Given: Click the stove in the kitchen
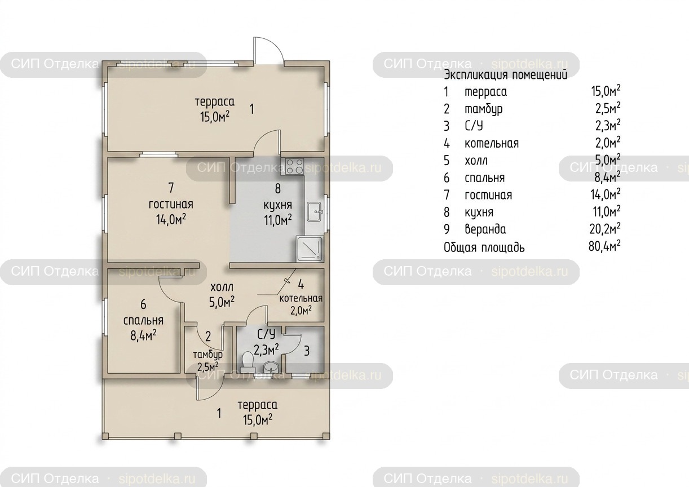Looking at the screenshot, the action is (x=295, y=167).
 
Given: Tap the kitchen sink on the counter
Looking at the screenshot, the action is (x=315, y=211).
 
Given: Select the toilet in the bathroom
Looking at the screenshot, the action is (x=248, y=362).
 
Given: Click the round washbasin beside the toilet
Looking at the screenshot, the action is (x=271, y=366).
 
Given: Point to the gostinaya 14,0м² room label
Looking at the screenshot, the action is (x=171, y=212).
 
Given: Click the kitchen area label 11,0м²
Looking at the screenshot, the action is (x=278, y=220).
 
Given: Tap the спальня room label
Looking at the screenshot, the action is (x=143, y=321).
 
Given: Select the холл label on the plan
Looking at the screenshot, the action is (x=222, y=287).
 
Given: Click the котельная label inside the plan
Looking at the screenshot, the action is (x=301, y=298).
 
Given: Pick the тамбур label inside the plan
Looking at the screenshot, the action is (x=207, y=355).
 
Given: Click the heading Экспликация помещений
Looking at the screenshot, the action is (x=506, y=75).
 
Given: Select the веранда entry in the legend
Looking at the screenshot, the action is (x=485, y=229).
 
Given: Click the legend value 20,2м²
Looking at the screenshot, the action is (x=605, y=228).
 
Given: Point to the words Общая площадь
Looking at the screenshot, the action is (x=484, y=247).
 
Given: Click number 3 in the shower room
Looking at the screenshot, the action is (x=307, y=351).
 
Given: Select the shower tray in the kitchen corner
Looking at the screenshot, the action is (x=310, y=249).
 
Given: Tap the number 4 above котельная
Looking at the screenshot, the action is (x=301, y=285).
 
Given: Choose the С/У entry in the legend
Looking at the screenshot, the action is (x=474, y=126).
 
